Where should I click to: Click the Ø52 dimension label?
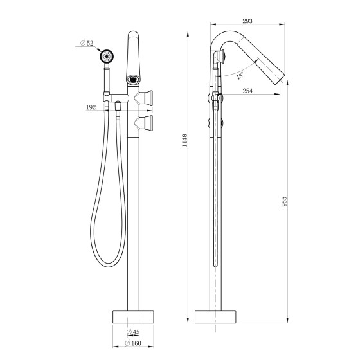[87, 43]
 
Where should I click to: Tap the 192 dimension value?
[91, 107]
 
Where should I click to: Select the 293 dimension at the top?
[248, 21]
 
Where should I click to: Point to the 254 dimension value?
[248, 91]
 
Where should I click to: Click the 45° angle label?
[239, 76]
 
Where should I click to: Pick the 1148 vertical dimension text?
[184, 141]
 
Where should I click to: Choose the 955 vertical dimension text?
[284, 201]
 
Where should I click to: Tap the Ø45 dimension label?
[133, 332]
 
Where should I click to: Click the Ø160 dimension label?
[133, 343]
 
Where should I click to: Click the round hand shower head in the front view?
[107, 57]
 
